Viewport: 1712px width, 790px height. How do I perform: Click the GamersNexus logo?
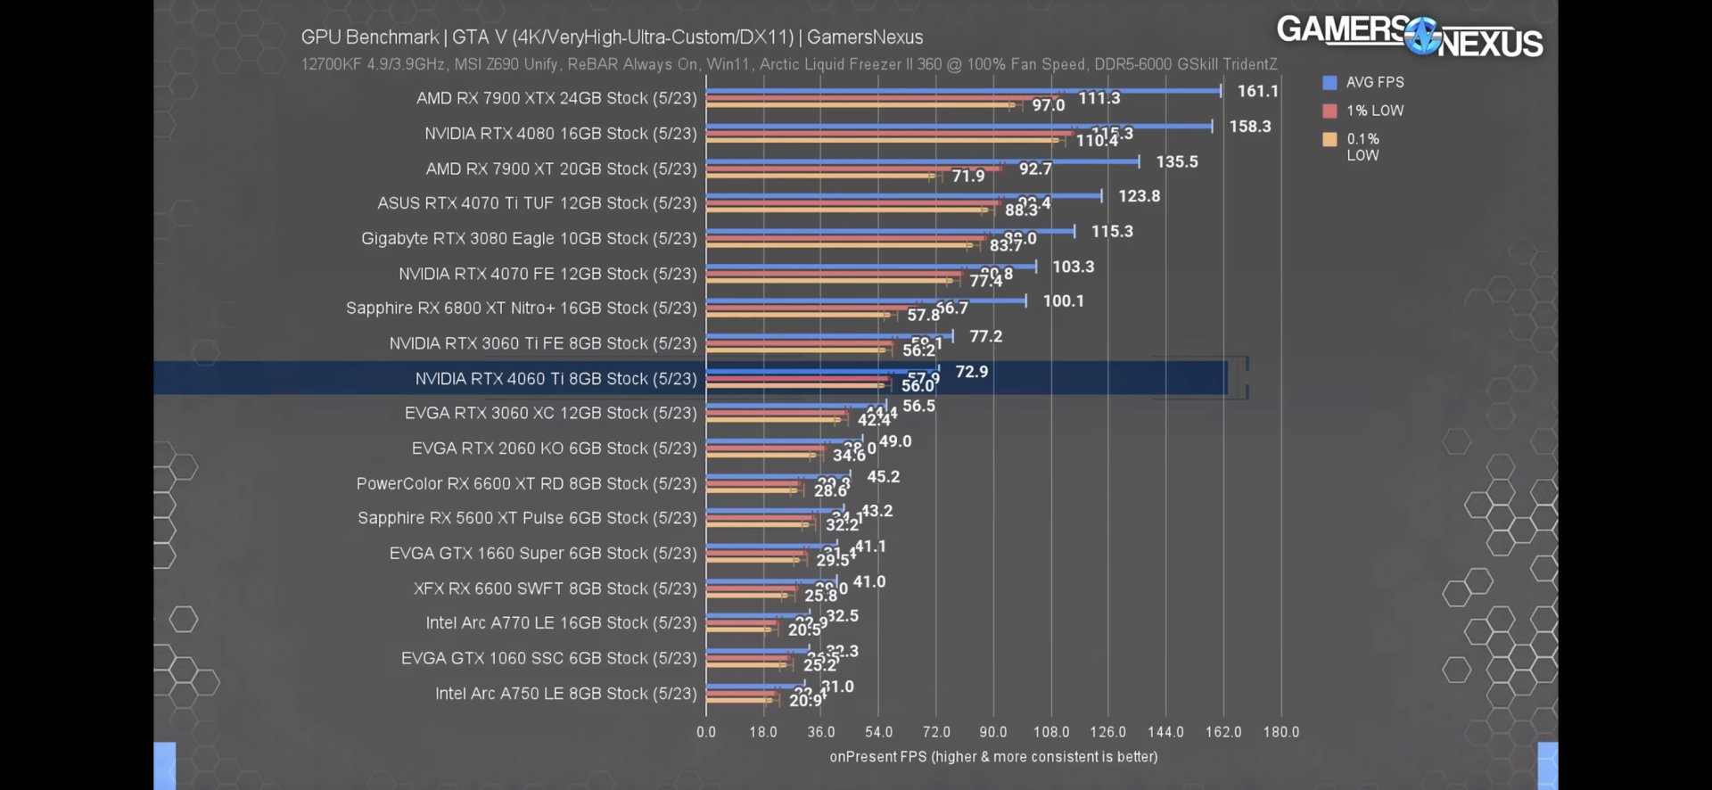click(1409, 37)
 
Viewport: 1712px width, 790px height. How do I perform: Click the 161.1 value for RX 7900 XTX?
click(1257, 91)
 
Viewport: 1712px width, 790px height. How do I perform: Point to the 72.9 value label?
click(971, 372)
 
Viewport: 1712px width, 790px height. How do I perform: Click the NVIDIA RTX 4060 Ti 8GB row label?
click(556, 379)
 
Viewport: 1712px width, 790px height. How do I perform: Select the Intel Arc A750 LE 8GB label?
click(565, 694)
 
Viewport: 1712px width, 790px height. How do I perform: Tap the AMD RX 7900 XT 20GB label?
click(561, 169)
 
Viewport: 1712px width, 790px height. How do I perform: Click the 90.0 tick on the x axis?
click(992, 732)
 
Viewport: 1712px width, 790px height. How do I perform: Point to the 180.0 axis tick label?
click(1280, 732)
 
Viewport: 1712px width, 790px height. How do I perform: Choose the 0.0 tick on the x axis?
click(706, 732)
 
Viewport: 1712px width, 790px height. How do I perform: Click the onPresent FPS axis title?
click(993, 757)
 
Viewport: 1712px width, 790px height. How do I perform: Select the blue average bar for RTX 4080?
click(959, 127)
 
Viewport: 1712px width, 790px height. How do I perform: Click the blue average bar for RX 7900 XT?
click(922, 161)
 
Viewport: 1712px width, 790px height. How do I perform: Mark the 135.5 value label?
click(1176, 162)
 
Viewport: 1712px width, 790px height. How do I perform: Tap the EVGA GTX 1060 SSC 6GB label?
click(548, 658)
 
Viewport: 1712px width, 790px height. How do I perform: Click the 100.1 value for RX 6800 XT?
click(1063, 301)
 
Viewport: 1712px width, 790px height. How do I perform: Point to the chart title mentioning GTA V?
click(612, 37)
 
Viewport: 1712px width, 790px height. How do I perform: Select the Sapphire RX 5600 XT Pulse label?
click(527, 518)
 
